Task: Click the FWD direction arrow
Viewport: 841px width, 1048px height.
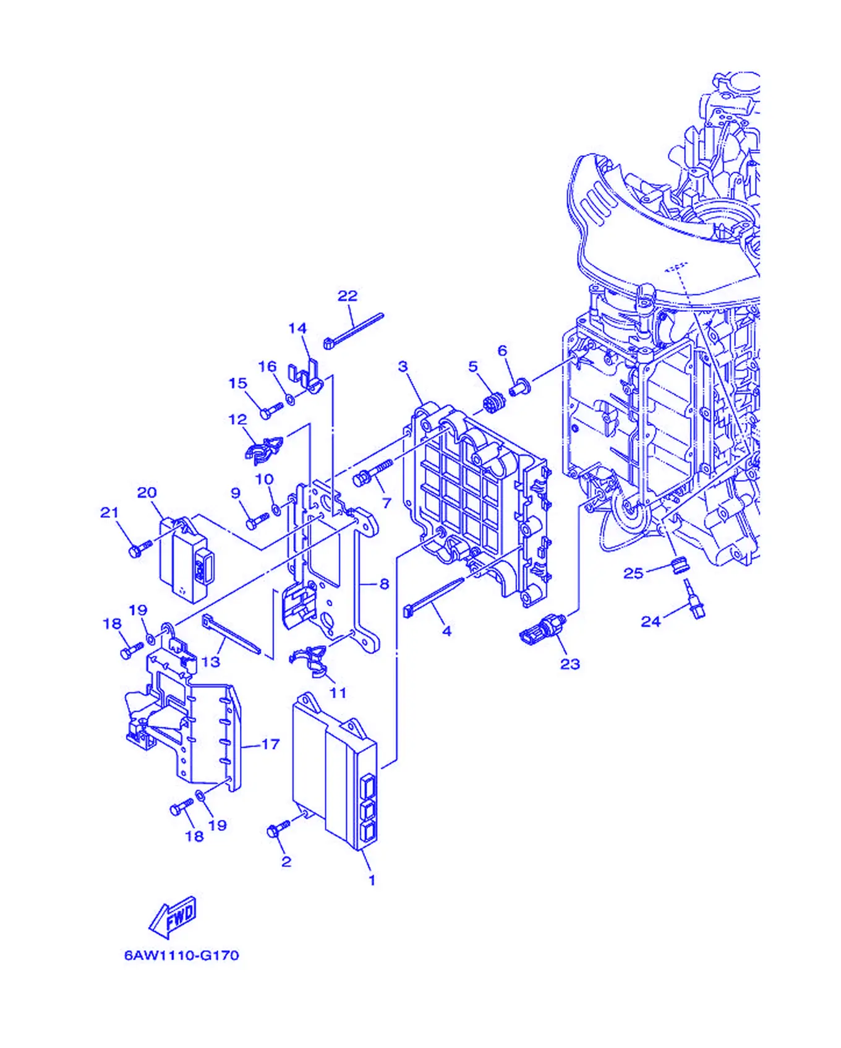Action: click(173, 916)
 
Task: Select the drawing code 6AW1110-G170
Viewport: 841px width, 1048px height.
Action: click(182, 955)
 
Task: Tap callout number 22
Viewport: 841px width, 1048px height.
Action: click(348, 296)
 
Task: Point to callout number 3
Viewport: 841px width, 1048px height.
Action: click(403, 366)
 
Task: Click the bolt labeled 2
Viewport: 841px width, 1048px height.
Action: click(279, 830)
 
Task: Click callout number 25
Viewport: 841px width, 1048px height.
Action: click(633, 573)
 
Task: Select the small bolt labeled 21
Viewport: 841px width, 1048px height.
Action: click(140, 547)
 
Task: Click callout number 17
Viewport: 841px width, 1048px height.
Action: click(271, 744)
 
